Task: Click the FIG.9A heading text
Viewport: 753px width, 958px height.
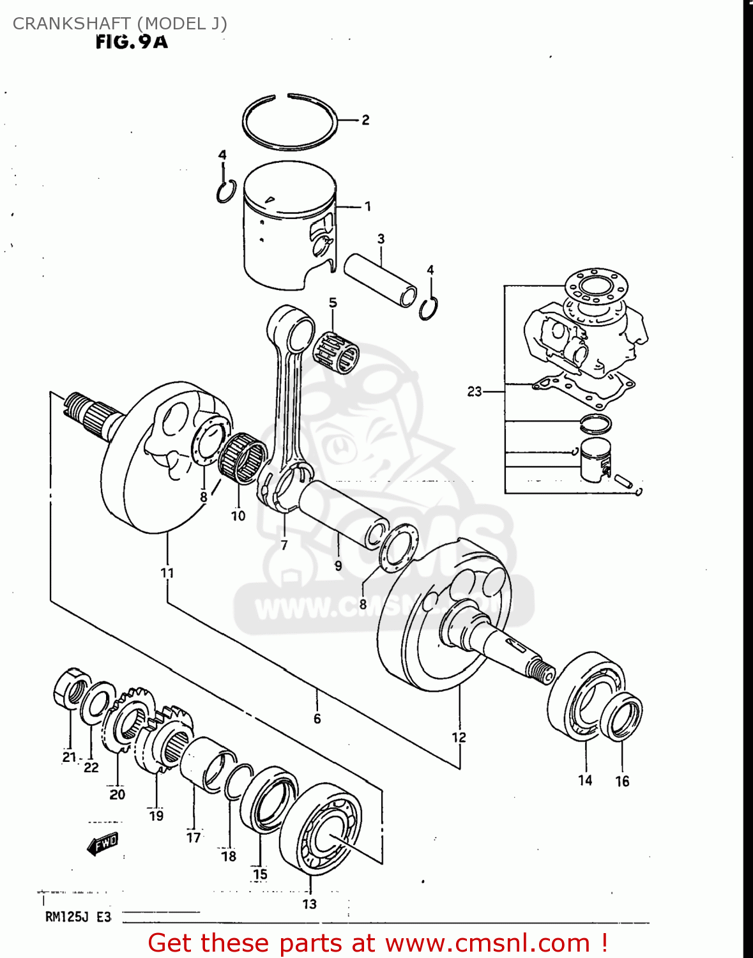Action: tap(132, 42)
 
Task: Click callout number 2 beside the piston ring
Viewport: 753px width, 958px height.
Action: tap(365, 119)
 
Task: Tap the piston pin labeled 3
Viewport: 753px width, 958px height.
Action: tap(380, 282)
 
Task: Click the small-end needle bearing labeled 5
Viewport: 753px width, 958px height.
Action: tap(336, 352)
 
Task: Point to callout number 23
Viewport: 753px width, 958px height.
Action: tap(474, 391)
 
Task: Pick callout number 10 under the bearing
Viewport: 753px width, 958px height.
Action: tap(238, 515)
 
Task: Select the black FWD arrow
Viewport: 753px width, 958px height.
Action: tap(103, 844)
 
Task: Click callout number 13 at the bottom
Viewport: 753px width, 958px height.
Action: tap(309, 904)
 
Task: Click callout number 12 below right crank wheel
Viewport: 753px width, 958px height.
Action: tap(459, 738)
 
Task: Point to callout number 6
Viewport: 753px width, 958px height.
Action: tap(317, 718)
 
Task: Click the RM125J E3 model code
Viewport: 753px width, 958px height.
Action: tap(78, 917)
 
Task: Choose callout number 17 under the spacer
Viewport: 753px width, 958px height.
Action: tap(194, 837)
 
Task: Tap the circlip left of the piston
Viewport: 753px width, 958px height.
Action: tap(225, 192)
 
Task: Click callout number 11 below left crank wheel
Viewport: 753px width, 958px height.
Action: tap(167, 572)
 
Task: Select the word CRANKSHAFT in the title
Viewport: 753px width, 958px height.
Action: tap(72, 24)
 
